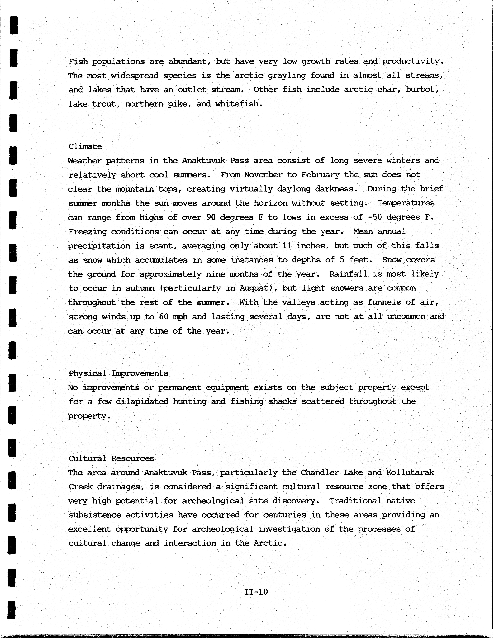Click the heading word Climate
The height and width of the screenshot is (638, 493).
pyautogui.click(x=85, y=146)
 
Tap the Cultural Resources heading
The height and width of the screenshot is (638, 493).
pyautogui.click(x=111, y=458)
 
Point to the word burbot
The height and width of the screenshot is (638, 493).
pyautogui.click(x=422, y=89)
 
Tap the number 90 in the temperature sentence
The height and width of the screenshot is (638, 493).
pyautogui.click(x=211, y=217)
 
